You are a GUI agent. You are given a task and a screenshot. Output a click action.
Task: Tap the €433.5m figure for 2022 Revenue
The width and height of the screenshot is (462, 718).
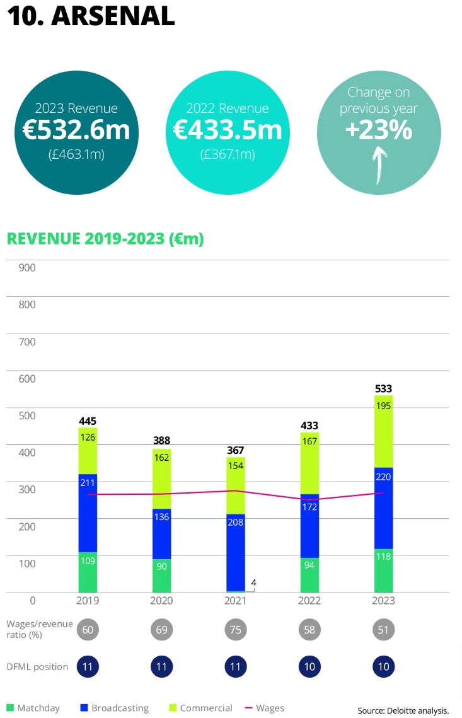[x=227, y=130]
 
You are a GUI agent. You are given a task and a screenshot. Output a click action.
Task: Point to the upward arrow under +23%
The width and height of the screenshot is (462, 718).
[x=379, y=165]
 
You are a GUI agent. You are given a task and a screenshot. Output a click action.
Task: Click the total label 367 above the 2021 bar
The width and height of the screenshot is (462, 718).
[x=236, y=450]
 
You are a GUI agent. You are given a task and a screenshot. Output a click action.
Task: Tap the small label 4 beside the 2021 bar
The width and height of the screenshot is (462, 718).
[x=253, y=582]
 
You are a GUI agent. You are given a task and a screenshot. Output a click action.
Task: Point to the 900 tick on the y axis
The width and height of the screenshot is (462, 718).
[x=27, y=267]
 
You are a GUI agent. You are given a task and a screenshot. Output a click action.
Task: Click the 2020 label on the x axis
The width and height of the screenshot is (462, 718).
[x=162, y=601]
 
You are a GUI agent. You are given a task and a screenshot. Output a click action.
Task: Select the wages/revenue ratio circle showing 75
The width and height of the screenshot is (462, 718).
[x=236, y=629]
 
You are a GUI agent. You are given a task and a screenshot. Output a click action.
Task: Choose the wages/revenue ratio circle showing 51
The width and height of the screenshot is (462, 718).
[x=384, y=629]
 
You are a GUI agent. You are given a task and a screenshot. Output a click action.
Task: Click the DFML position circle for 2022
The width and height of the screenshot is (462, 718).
[x=309, y=666]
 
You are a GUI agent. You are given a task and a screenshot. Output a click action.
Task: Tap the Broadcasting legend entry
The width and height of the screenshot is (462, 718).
[x=113, y=708]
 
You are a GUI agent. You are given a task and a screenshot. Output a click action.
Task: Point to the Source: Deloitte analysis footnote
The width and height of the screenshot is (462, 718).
[x=403, y=710]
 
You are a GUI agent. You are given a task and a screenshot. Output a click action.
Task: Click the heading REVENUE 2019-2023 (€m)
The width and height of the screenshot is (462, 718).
[x=105, y=240]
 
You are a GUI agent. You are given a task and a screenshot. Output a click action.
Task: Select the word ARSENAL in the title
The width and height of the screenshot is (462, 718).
[x=113, y=16]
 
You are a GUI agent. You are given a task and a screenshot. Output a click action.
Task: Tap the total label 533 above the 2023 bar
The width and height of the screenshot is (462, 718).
[x=384, y=388]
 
